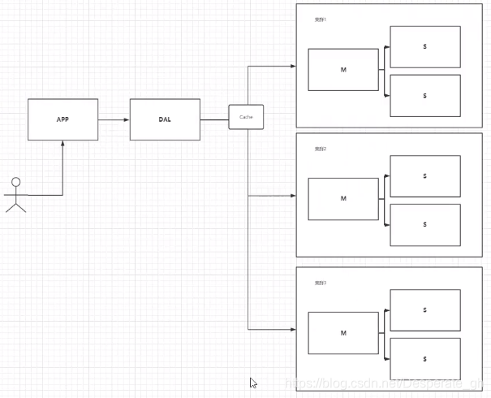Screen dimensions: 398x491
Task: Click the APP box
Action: [x=62, y=119]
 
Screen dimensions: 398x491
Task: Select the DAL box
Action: [x=165, y=119]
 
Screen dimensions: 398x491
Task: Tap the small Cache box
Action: [x=246, y=117]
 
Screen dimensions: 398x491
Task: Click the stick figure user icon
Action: [x=15, y=194]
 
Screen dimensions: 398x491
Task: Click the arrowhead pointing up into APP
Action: [x=62, y=143]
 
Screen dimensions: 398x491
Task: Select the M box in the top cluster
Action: [x=343, y=70]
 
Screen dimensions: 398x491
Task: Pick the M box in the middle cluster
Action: [x=343, y=198]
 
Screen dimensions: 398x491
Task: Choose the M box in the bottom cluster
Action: [x=343, y=333]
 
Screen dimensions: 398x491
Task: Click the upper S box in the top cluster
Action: [x=424, y=46]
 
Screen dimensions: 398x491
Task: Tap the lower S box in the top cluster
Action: [x=424, y=95]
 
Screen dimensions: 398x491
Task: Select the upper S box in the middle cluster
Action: [x=424, y=175]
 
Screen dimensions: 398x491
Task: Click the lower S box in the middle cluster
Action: [x=424, y=224]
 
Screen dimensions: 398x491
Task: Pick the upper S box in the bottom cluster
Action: [x=424, y=309]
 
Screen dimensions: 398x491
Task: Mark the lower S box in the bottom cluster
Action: [x=424, y=358]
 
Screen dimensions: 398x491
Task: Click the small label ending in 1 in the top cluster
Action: [x=321, y=19]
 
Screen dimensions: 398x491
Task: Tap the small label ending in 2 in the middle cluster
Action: [x=321, y=149]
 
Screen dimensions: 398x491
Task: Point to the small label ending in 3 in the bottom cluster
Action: [x=321, y=283]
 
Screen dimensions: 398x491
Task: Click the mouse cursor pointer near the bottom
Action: [x=253, y=383]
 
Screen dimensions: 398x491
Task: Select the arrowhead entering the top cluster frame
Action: [x=293, y=66]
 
